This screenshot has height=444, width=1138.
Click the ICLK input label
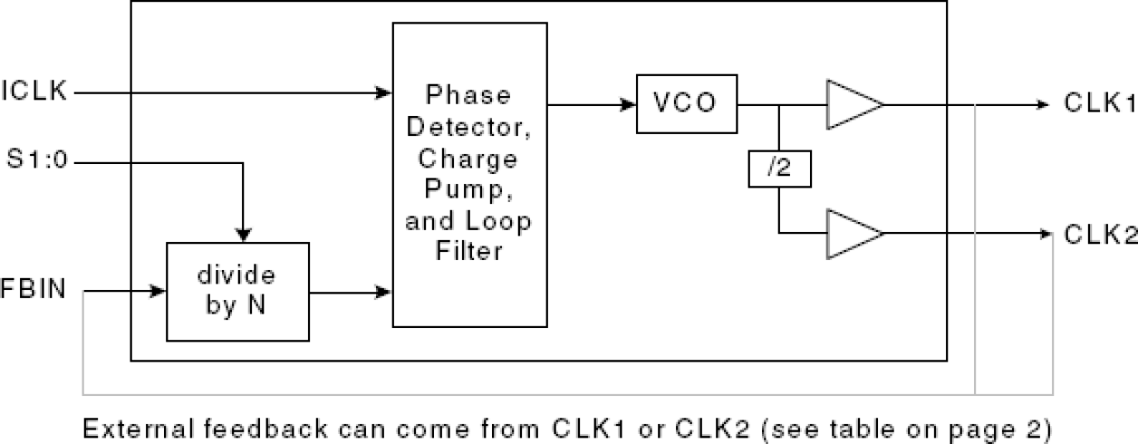pos(34,92)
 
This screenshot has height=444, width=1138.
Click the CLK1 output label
pos(1099,104)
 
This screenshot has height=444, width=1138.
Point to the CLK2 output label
pos(1099,235)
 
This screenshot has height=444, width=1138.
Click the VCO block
pos(687,104)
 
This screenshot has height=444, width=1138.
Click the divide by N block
pos(237,292)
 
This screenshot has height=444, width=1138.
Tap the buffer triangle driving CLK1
pos(853,104)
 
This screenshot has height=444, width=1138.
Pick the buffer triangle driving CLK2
pos(853,233)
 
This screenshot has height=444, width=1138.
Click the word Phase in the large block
pos(468,95)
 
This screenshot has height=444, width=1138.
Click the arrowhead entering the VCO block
pos(629,104)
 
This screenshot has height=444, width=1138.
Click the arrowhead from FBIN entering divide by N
pos(160,292)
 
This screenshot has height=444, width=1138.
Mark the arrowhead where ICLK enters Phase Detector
pos(385,92)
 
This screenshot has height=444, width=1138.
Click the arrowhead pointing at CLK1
pos(1042,104)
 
